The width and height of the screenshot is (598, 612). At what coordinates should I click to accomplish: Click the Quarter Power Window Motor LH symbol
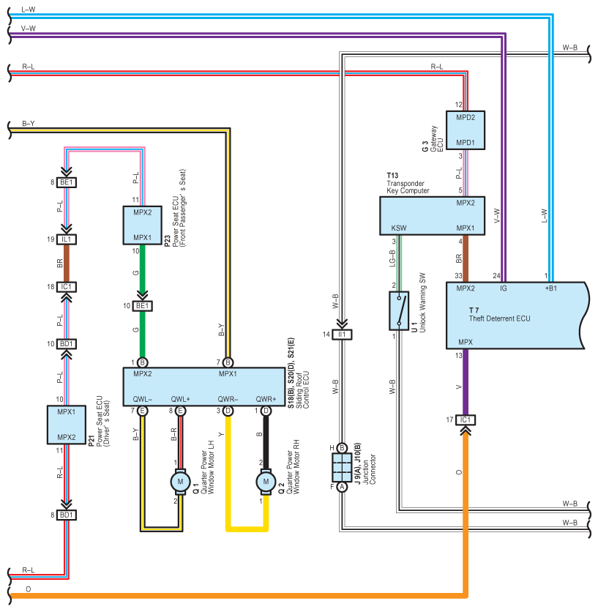180,482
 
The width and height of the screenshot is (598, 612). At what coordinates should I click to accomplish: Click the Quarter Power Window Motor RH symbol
266,482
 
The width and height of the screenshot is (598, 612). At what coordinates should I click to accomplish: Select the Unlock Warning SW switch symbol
399,310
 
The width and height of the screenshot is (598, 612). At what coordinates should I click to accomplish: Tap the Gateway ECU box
466,130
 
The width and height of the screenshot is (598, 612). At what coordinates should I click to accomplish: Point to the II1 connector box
342,335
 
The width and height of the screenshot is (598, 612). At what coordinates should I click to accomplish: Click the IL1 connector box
67,239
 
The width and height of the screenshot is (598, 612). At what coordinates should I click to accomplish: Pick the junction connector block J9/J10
342,467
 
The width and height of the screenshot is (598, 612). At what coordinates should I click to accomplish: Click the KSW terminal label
398,228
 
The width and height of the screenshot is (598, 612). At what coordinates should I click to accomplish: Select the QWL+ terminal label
180,399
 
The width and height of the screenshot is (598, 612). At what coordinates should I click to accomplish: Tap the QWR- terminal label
228,399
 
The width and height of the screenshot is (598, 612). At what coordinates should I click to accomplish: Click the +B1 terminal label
550,288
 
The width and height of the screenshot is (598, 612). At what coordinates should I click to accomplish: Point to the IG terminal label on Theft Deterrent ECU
504,288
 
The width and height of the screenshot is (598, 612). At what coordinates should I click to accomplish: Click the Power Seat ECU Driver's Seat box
67,425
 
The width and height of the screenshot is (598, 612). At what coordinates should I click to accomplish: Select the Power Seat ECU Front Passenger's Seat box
143,225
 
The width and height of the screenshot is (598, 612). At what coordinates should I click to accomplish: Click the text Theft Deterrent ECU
500,318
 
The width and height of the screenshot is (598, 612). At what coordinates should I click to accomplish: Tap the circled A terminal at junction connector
342,487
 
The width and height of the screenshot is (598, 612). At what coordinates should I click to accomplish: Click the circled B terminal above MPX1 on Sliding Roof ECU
228,362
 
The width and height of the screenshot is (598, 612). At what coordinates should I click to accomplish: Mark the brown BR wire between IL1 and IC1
67,263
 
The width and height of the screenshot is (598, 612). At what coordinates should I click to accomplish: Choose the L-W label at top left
28,10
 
